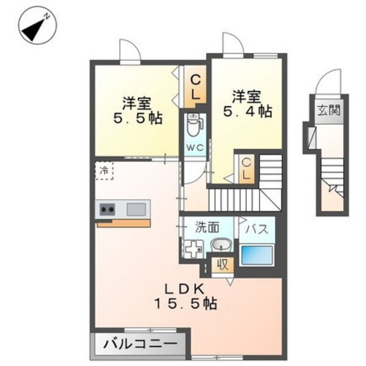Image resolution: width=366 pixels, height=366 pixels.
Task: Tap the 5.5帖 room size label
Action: point(137,111)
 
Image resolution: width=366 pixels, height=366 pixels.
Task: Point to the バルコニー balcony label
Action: point(139,343)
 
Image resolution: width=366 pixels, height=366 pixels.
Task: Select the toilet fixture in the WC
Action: point(195,124)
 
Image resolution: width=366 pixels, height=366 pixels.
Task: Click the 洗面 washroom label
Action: point(207,228)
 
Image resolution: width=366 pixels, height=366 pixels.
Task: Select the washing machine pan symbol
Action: point(194,249)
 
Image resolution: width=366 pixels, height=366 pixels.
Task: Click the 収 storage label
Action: point(222,265)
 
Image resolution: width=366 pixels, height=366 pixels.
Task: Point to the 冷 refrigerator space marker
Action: point(105,170)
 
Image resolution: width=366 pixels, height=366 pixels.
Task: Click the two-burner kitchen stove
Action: point(107,209)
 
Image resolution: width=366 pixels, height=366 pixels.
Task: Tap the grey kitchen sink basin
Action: point(137,209)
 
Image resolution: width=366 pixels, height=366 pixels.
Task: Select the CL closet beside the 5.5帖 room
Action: point(195,88)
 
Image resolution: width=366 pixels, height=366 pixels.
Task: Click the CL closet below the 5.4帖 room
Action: point(246,168)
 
